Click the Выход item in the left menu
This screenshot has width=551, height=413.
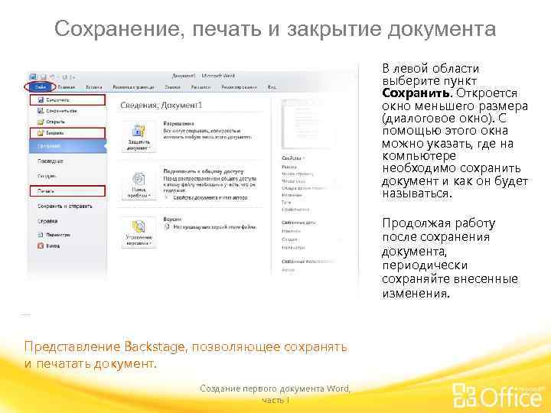[x=52, y=246]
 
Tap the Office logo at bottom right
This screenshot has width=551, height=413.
[x=498, y=395]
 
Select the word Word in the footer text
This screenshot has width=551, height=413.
[x=337, y=389]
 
